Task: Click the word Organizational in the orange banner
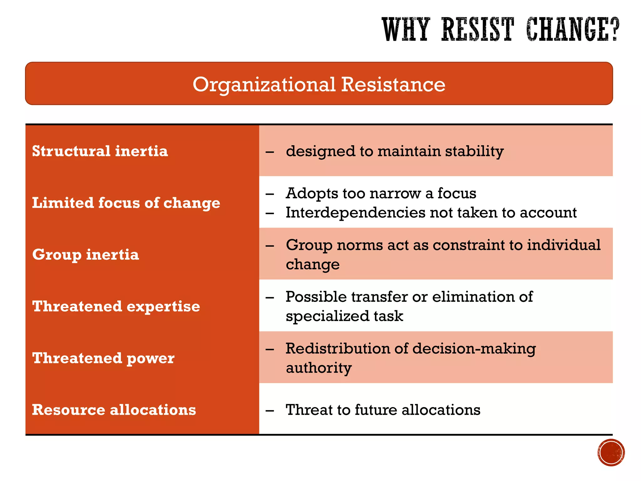(x=264, y=85)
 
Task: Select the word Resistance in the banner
(x=393, y=85)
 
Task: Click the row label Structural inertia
(x=100, y=151)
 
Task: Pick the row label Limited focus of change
(x=126, y=203)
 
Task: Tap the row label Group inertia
(x=85, y=254)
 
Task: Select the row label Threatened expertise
(x=116, y=306)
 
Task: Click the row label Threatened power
(x=103, y=358)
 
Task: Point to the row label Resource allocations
(x=114, y=410)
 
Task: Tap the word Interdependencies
(x=355, y=213)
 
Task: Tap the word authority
(x=319, y=368)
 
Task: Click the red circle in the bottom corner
(x=611, y=453)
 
